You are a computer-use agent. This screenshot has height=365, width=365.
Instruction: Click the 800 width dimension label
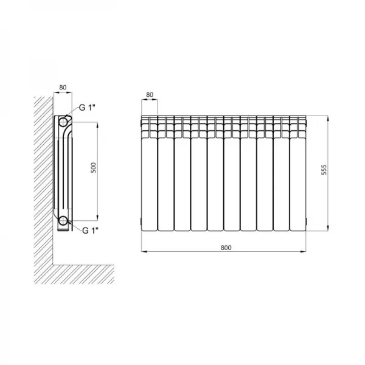(226, 248)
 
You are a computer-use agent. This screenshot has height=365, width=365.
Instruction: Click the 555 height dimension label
(324, 170)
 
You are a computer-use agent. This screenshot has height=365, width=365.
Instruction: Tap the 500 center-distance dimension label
(93, 167)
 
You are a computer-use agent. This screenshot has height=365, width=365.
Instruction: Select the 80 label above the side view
(63, 87)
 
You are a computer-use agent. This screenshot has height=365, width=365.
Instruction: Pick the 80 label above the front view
(150, 94)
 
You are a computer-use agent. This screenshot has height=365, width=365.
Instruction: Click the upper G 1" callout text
(87, 108)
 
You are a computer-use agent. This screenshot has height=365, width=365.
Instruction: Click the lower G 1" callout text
(90, 231)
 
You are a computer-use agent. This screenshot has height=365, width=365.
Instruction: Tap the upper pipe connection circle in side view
(63, 122)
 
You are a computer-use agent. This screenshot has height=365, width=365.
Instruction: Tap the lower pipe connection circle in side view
(63, 220)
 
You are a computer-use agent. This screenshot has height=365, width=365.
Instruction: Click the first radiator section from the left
(150, 173)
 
